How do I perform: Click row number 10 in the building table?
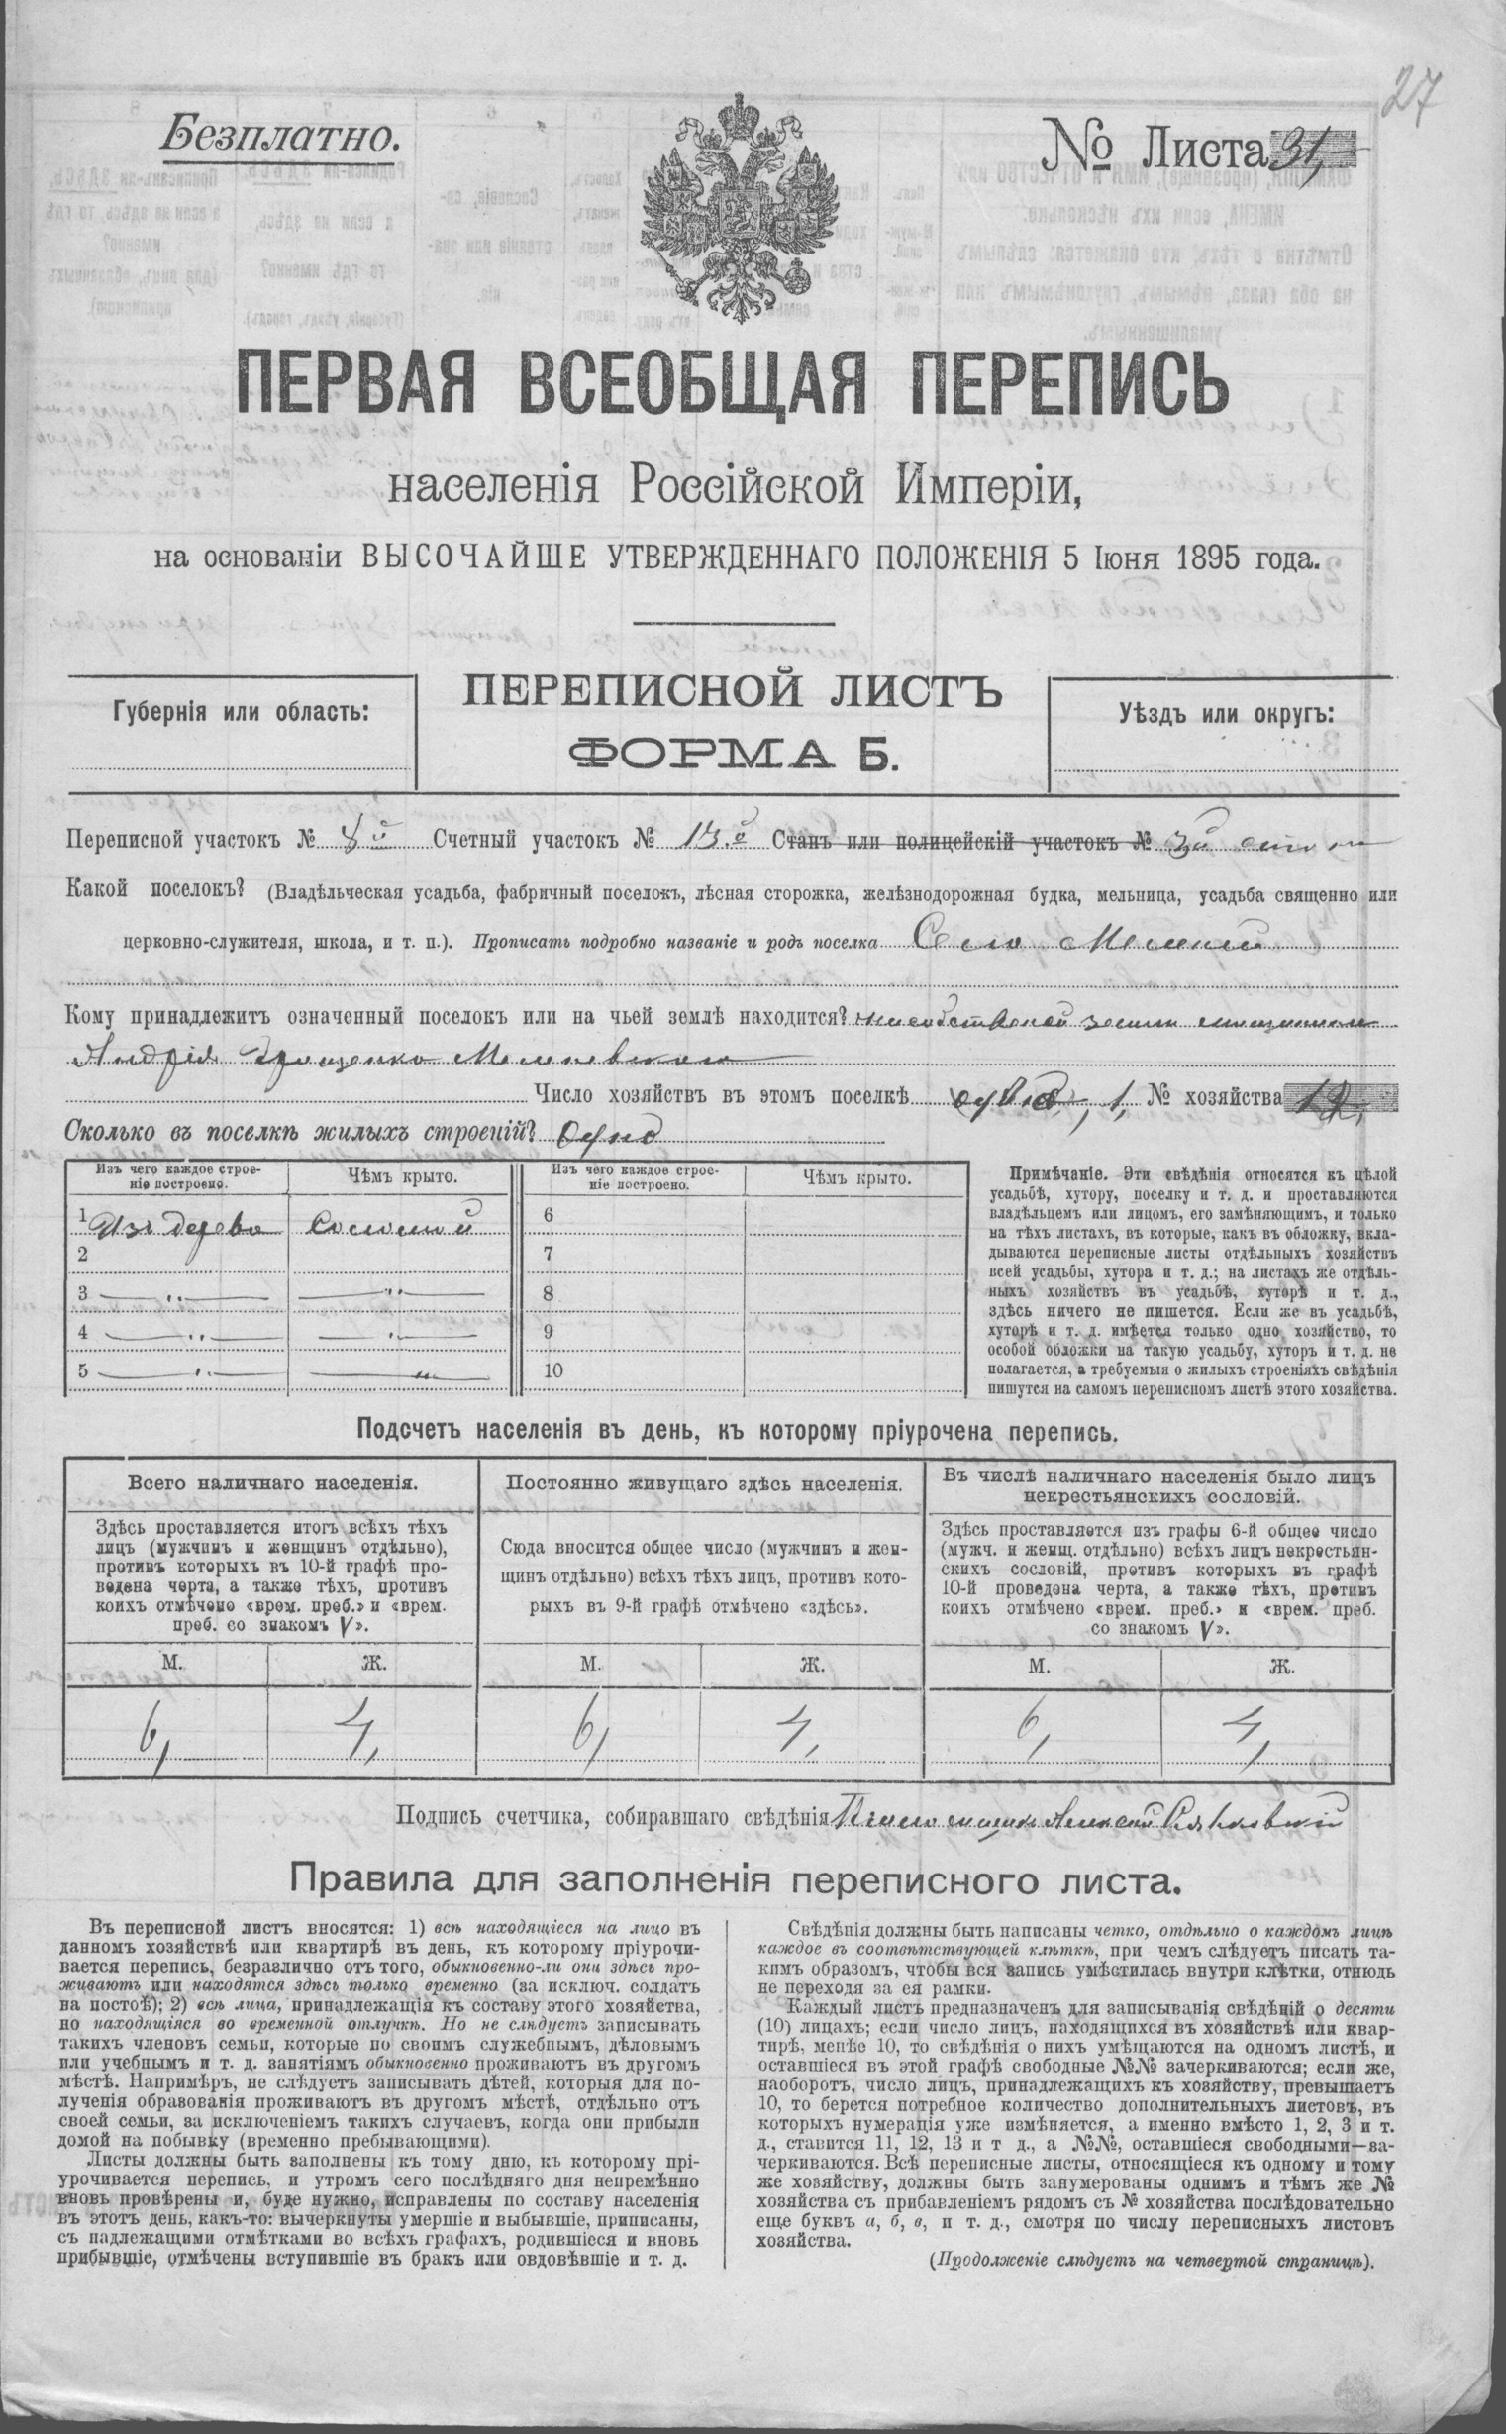tap(553, 1370)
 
